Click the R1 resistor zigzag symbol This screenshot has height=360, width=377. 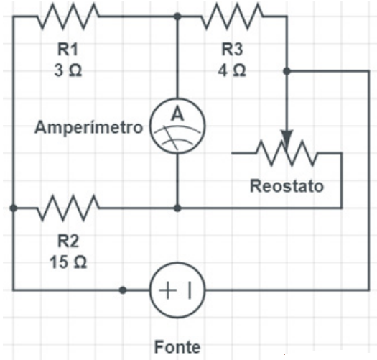click(68, 17)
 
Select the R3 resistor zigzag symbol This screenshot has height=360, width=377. click(232, 17)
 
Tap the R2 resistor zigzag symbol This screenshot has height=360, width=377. click(68, 208)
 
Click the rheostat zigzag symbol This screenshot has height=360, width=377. click(287, 153)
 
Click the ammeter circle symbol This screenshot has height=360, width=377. click(177, 126)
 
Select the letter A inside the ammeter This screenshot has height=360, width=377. click(177, 114)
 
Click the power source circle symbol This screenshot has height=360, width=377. click(177, 290)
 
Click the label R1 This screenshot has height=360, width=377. click(68, 50)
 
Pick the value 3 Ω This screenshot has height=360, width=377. click(68, 70)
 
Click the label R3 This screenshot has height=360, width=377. click(232, 50)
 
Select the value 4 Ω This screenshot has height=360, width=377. click(232, 70)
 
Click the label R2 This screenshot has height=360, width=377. click(68, 241)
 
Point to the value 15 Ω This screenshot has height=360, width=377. click(68, 262)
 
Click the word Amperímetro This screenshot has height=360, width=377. click(89, 127)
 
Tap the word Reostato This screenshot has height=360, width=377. click(287, 186)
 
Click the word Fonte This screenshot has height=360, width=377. click(177, 347)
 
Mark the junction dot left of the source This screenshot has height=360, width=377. click(123, 290)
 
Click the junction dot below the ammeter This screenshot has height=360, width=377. click(177, 208)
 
